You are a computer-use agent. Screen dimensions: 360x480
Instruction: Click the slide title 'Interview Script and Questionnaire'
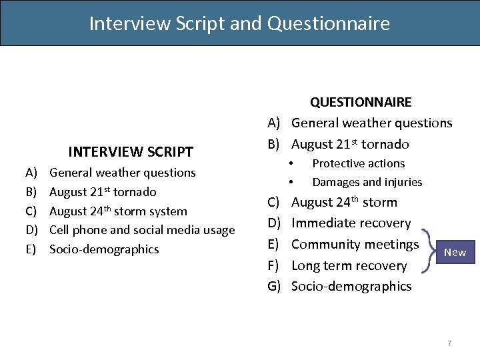[239, 24]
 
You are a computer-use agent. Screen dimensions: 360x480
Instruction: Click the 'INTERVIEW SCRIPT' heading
[131, 152]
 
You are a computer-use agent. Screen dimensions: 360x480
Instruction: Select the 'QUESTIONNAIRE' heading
[361, 102]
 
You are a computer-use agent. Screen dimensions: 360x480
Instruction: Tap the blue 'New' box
[455, 252]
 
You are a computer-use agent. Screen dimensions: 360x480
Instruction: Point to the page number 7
[449, 343]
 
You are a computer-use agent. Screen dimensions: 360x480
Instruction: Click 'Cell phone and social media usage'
[142, 230]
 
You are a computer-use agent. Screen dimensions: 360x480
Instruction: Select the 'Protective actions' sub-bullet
[358, 163]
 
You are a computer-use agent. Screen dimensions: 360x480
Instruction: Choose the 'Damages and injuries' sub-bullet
[367, 182]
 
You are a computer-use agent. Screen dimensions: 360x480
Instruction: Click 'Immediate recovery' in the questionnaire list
[351, 223]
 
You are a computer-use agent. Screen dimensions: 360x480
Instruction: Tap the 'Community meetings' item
[355, 244]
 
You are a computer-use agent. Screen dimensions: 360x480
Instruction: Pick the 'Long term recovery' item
[349, 265]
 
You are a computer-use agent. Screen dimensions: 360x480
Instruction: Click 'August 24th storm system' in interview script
[118, 211]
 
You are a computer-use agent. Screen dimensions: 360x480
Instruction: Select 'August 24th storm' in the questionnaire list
[344, 202]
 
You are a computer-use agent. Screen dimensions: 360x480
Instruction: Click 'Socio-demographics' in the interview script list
[104, 249]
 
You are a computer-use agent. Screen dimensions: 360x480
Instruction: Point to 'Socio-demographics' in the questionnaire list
[351, 286]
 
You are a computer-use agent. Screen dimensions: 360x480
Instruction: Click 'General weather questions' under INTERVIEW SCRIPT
[123, 173]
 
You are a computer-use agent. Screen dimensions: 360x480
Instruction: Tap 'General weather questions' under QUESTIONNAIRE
[371, 123]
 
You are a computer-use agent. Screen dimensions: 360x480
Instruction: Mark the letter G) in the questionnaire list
[274, 286]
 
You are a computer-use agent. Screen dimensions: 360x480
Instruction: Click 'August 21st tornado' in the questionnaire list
[350, 144]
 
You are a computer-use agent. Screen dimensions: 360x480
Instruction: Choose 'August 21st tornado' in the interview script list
[103, 192]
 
